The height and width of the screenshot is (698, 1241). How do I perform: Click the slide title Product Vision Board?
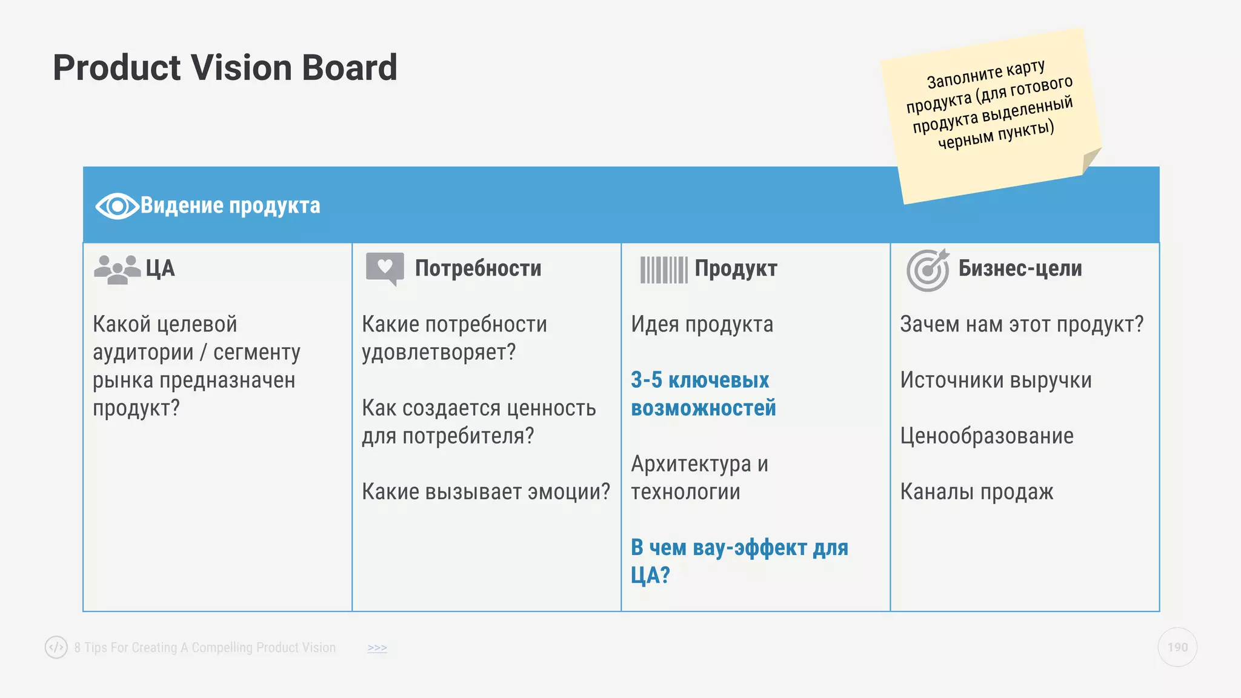coord(225,67)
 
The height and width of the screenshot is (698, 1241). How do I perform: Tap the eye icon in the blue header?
coord(116,207)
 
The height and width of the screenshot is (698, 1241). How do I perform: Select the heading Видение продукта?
coord(230,206)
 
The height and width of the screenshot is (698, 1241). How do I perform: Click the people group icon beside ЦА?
coord(117,269)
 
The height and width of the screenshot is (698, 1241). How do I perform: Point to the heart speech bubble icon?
coord(385,268)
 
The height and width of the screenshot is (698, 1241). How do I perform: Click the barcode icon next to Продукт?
coord(664,270)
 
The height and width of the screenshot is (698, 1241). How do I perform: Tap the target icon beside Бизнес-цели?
coord(927,270)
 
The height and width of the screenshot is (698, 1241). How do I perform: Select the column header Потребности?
coord(478,268)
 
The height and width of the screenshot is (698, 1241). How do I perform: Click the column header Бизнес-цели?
coord(1020,268)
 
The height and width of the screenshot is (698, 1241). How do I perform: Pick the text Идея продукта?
coord(702,325)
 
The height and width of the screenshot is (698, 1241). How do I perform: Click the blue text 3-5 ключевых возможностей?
coord(703,394)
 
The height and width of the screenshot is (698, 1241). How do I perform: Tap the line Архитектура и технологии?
coord(699,478)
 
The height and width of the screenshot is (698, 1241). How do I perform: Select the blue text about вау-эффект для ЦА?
coord(739,561)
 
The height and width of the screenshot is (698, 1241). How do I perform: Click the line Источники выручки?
coord(996,381)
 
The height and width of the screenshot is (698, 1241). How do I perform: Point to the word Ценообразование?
coord(986,436)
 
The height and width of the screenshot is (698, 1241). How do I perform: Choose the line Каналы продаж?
coord(976,492)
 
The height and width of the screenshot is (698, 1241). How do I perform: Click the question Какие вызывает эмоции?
coord(485,492)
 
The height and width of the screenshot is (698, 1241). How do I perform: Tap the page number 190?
coord(1177,647)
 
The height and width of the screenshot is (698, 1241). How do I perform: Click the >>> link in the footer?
coord(377,648)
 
